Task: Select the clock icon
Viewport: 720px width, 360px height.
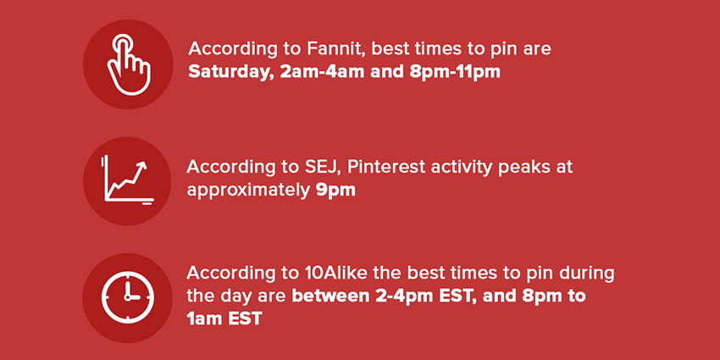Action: point(128,297)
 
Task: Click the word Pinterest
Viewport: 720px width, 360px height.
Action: point(386,167)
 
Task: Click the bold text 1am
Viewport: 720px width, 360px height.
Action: point(204,318)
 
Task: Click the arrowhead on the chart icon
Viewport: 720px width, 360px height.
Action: point(143,165)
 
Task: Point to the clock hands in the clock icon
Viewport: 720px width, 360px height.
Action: point(130,292)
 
